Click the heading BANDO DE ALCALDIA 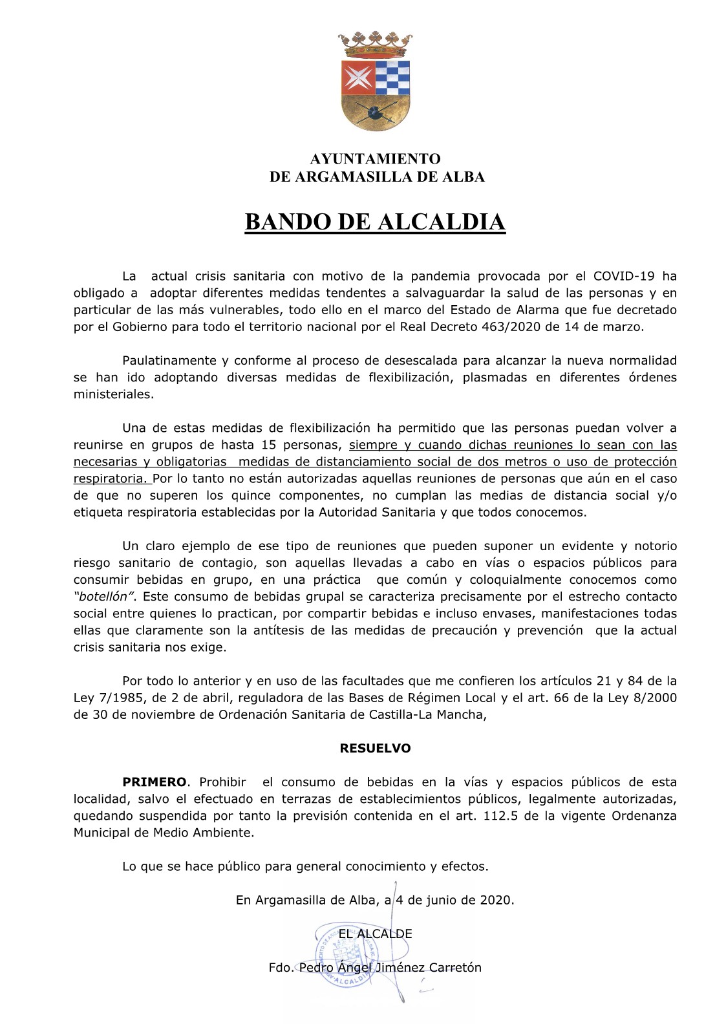(374, 222)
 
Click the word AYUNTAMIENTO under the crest (375, 159)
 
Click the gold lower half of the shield (375, 111)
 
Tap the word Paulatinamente (169, 360)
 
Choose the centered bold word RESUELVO (375, 748)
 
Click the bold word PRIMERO (154, 782)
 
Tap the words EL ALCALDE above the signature (376, 934)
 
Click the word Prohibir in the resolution (222, 782)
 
